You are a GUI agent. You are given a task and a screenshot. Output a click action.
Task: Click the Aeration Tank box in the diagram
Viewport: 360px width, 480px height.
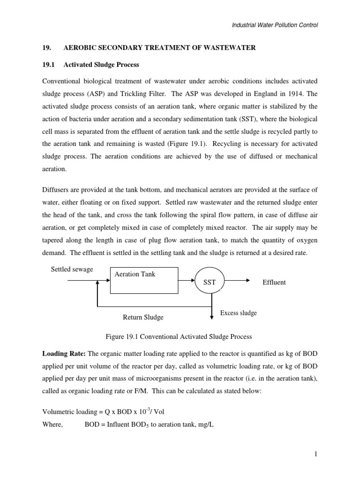(144, 280)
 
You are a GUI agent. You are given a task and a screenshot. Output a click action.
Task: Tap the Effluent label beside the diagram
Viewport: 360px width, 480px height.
(274, 283)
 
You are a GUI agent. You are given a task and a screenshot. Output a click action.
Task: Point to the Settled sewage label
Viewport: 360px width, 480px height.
(72, 270)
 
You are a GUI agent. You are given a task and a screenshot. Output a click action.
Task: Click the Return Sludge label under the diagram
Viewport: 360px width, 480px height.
(143, 317)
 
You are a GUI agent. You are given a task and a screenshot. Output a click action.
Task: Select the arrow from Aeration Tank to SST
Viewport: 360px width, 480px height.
(187, 281)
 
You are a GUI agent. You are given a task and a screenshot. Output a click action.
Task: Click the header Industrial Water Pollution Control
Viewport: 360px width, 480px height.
(275, 25)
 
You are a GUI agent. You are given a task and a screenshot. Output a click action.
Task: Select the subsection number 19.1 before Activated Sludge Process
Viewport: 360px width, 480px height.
(47, 64)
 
